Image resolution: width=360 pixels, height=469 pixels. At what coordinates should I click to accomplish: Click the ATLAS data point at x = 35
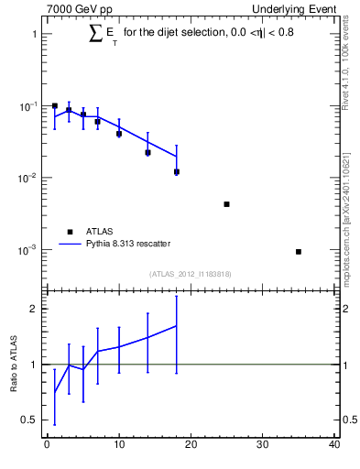click(x=299, y=251)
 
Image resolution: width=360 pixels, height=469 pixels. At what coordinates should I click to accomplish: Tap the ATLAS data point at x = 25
click(x=226, y=204)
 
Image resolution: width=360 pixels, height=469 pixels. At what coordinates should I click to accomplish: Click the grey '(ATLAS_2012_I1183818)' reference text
click(x=190, y=274)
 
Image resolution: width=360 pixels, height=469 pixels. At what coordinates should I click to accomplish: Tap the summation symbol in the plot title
click(x=95, y=34)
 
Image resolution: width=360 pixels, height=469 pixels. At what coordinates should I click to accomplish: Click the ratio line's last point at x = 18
click(x=176, y=325)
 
